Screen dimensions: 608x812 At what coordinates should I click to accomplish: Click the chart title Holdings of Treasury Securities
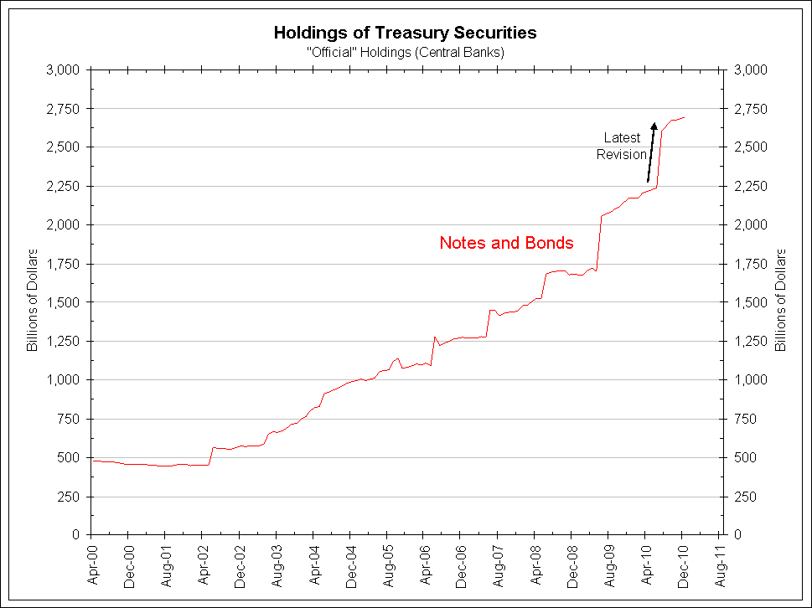(406, 33)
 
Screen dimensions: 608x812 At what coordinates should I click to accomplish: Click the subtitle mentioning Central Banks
(406, 52)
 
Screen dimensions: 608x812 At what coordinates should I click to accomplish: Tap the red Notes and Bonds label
(506, 243)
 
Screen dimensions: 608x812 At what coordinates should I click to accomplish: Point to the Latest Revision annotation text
(622, 146)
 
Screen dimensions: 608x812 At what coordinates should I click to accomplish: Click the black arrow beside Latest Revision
(650, 152)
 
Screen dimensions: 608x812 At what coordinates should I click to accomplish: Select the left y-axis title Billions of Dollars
(33, 299)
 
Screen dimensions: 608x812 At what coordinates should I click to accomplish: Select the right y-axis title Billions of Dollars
(780, 299)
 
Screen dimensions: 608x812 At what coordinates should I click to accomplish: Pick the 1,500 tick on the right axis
(750, 302)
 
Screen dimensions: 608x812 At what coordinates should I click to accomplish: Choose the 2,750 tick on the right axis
(750, 109)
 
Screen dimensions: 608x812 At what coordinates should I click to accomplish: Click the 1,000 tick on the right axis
(750, 380)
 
